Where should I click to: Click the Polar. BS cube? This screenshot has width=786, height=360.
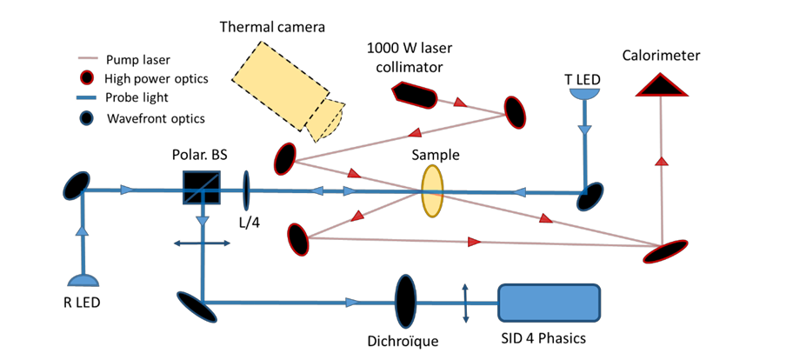[202, 186]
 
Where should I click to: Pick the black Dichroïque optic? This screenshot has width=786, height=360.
[405, 301]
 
